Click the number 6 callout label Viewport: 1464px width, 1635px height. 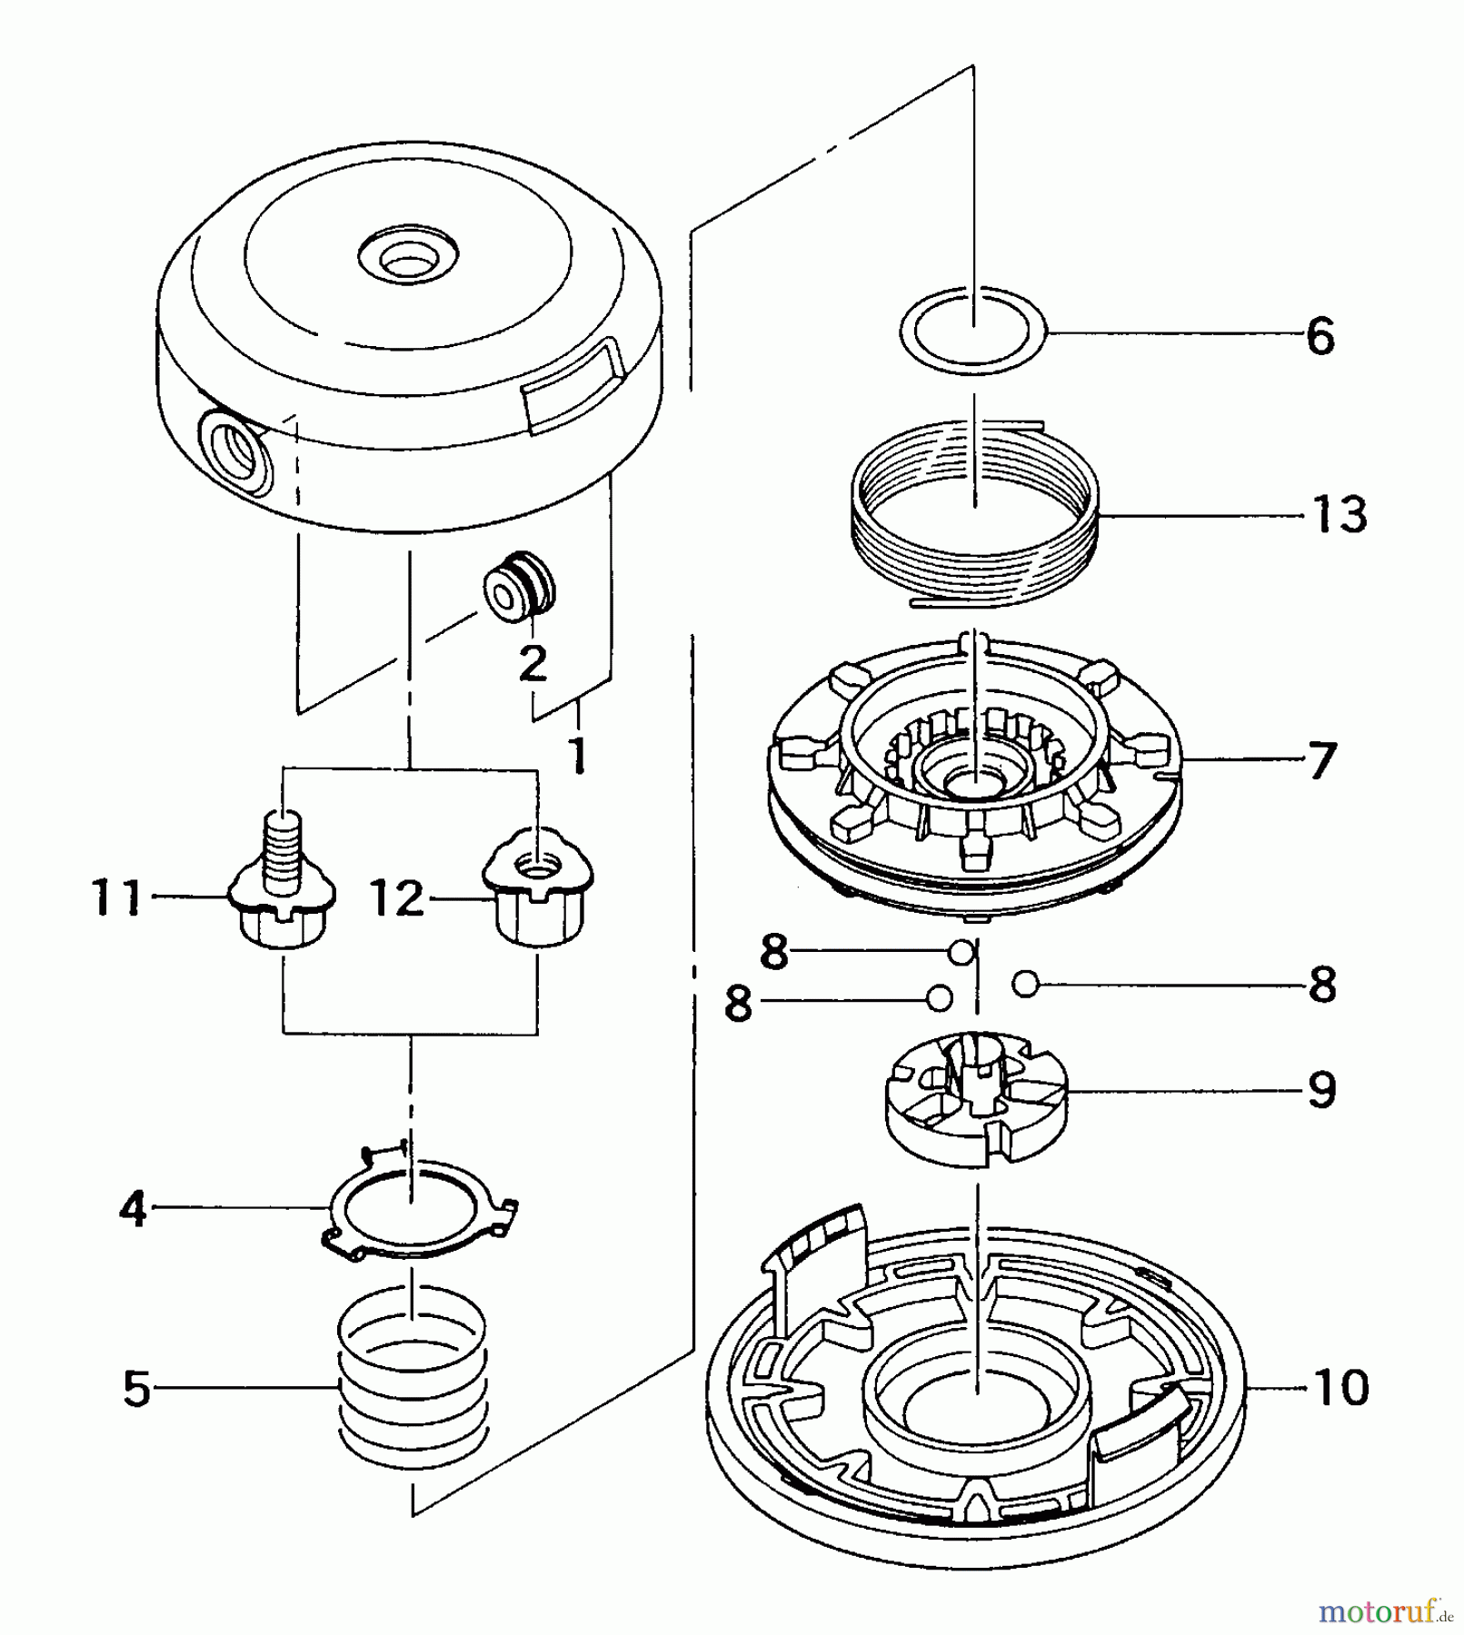(1320, 336)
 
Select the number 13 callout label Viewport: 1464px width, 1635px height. (1340, 515)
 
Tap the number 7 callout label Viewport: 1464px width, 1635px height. (1321, 759)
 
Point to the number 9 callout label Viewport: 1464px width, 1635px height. (1321, 1089)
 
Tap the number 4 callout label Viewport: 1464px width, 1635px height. (133, 1209)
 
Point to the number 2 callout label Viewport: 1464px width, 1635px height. (532, 662)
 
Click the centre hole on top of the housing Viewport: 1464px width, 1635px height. (407, 264)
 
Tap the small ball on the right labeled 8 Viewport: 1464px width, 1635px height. (1024, 982)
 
